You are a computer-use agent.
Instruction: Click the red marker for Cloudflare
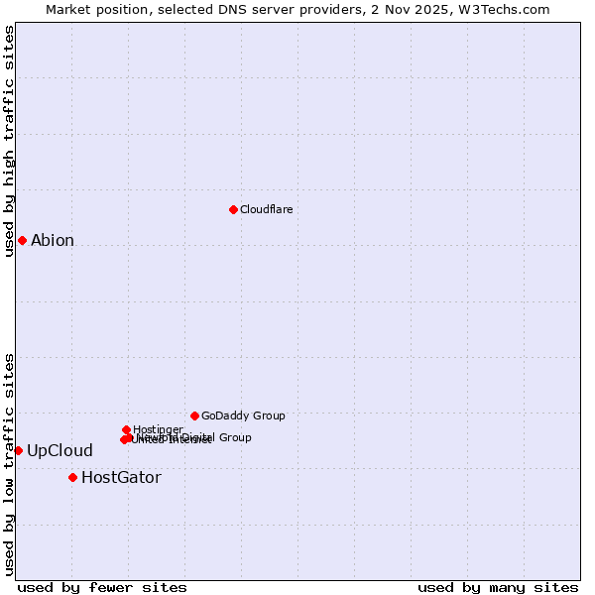(233, 209)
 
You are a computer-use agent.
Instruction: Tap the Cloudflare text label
(266, 209)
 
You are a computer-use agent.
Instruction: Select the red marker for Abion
(22, 240)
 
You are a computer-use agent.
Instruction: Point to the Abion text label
(53, 240)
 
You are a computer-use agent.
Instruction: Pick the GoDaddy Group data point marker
(194, 416)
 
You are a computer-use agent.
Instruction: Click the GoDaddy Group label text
(243, 416)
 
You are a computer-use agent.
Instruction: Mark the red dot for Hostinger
(126, 429)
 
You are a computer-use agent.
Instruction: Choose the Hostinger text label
(158, 429)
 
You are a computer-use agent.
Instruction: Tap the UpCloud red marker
(18, 450)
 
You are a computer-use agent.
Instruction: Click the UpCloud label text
(59, 451)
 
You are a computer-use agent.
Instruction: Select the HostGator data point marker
(72, 477)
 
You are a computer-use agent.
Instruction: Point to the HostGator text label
(121, 478)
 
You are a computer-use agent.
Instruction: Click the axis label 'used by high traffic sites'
(10, 141)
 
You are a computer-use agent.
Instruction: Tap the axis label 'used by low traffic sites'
(10, 463)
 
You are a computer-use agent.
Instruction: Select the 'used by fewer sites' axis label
(102, 587)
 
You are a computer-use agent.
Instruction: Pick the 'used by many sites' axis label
(498, 587)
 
